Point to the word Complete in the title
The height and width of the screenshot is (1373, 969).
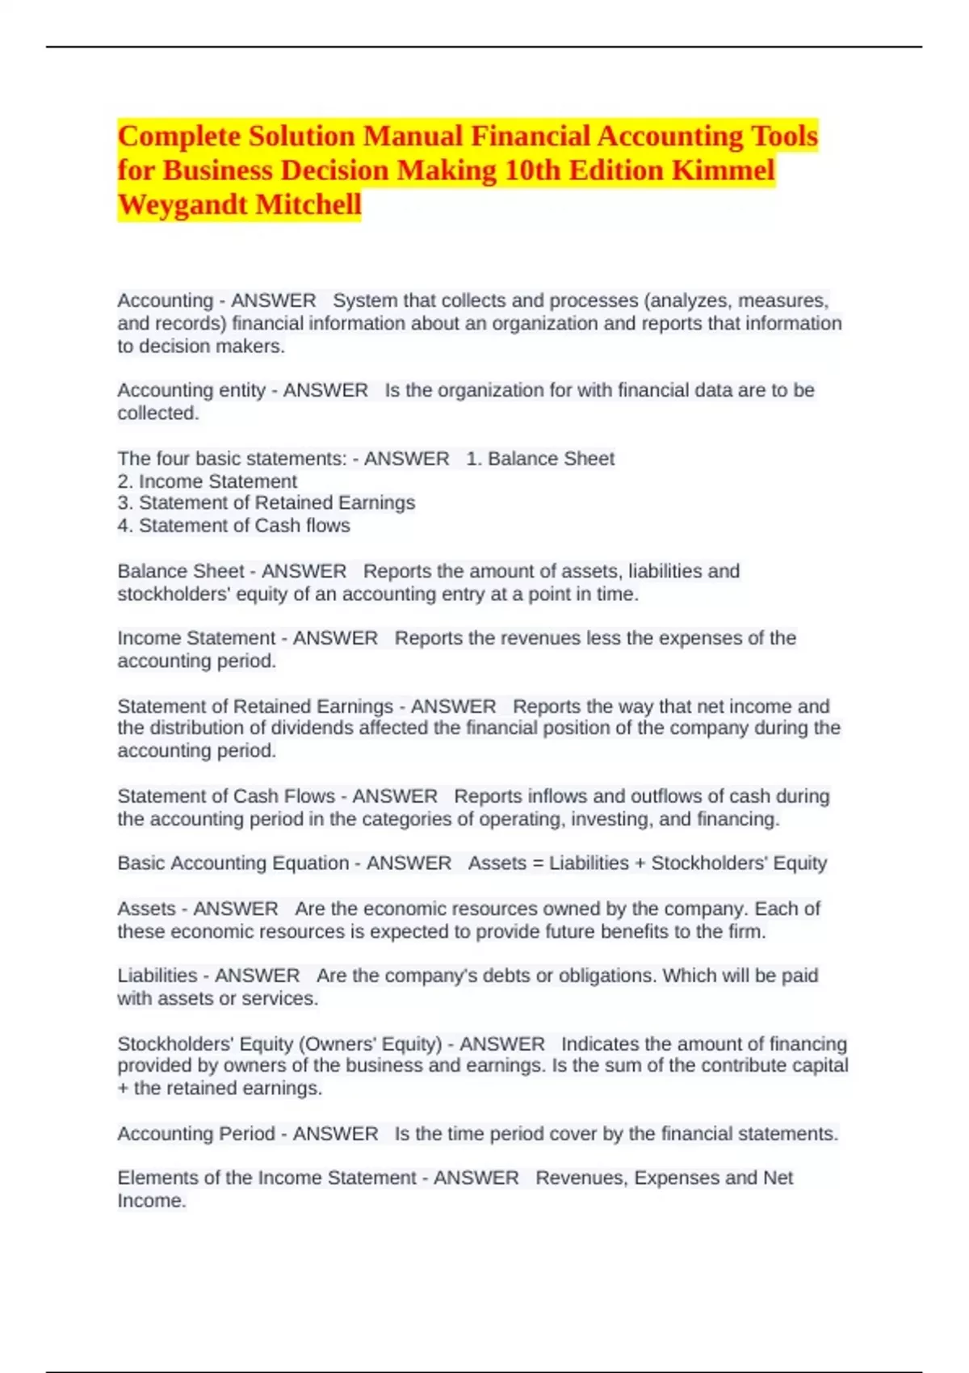[179, 136]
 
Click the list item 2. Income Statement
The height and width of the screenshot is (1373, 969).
[208, 481]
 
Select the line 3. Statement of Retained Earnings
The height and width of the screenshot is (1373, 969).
[266, 502]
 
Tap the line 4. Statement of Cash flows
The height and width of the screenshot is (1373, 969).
[234, 526]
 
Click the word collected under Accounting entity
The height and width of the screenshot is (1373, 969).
[157, 414]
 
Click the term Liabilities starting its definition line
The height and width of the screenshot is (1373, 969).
[157, 976]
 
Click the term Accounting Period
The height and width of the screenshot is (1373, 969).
[196, 1134]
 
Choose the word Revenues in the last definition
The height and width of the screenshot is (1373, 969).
[581, 1178]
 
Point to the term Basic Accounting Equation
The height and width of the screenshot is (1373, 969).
[233, 863]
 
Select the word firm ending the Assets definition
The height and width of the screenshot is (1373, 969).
[746, 931]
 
